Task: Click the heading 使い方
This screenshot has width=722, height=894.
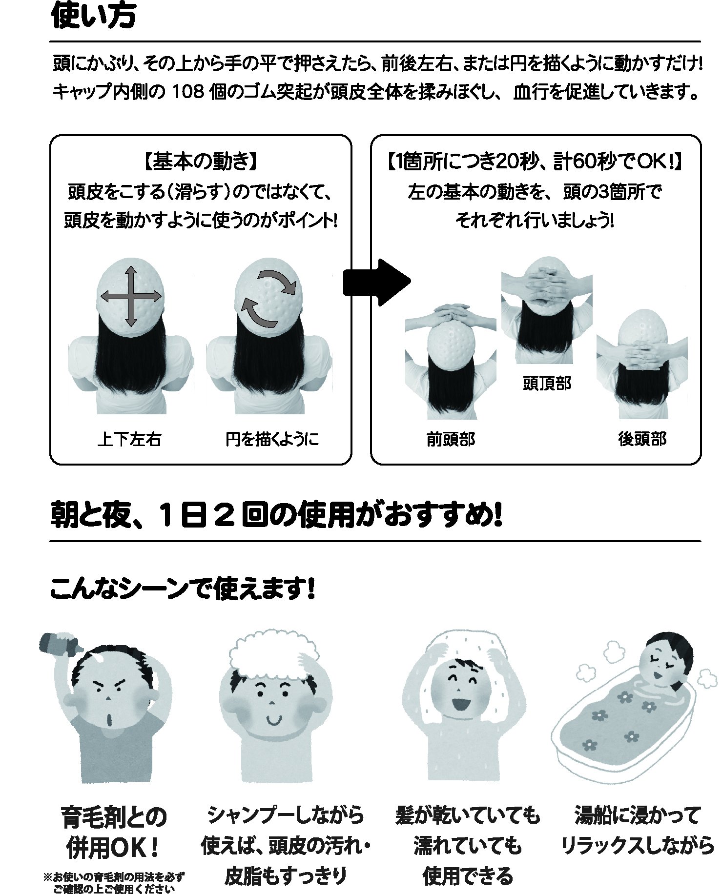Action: [x=93, y=17]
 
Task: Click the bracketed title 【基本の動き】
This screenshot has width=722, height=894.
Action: [x=200, y=162]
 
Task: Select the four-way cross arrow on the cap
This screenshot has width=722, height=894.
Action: [x=130, y=296]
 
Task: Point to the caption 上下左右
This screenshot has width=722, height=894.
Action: [x=129, y=439]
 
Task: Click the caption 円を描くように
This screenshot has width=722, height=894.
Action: [x=272, y=439]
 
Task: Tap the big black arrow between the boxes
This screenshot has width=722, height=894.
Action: [x=377, y=283]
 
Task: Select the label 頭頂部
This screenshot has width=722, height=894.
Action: [x=547, y=384]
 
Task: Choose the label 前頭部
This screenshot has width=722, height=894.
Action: [x=451, y=439]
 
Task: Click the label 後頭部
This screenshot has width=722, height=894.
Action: [x=642, y=439]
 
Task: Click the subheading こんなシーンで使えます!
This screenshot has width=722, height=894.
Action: [x=183, y=589]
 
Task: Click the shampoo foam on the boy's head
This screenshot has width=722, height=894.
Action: [x=273, y=654]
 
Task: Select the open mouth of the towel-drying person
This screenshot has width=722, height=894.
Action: [x=461, y=704]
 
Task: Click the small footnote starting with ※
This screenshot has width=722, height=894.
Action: [x=115, y=883]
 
